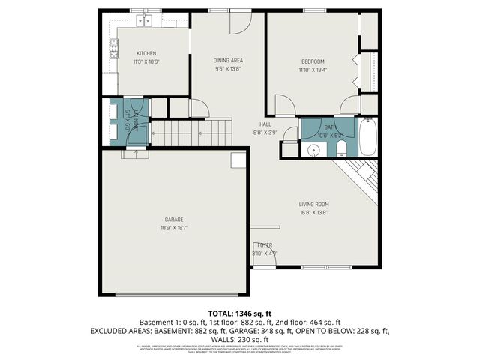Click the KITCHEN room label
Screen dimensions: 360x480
tap(146, 53)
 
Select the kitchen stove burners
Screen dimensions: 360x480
tap(114, 50)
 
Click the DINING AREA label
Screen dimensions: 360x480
tap(229, 61)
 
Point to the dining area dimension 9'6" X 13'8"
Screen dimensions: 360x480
tap(229, 68)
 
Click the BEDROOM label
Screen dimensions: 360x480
tap(313, 61)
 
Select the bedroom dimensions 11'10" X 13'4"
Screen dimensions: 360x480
tap(313, 69)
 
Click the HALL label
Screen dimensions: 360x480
tap(265, 124)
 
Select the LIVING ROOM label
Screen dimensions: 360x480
tap(313, 204)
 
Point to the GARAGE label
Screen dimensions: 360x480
tap(174, 220)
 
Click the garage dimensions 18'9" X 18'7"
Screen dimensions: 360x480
tap(174, 227)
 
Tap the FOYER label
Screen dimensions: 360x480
tap(265, 245)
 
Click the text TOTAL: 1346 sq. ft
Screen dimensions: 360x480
tap(239, 313)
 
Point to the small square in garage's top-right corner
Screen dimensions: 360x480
tap(238, 159)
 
